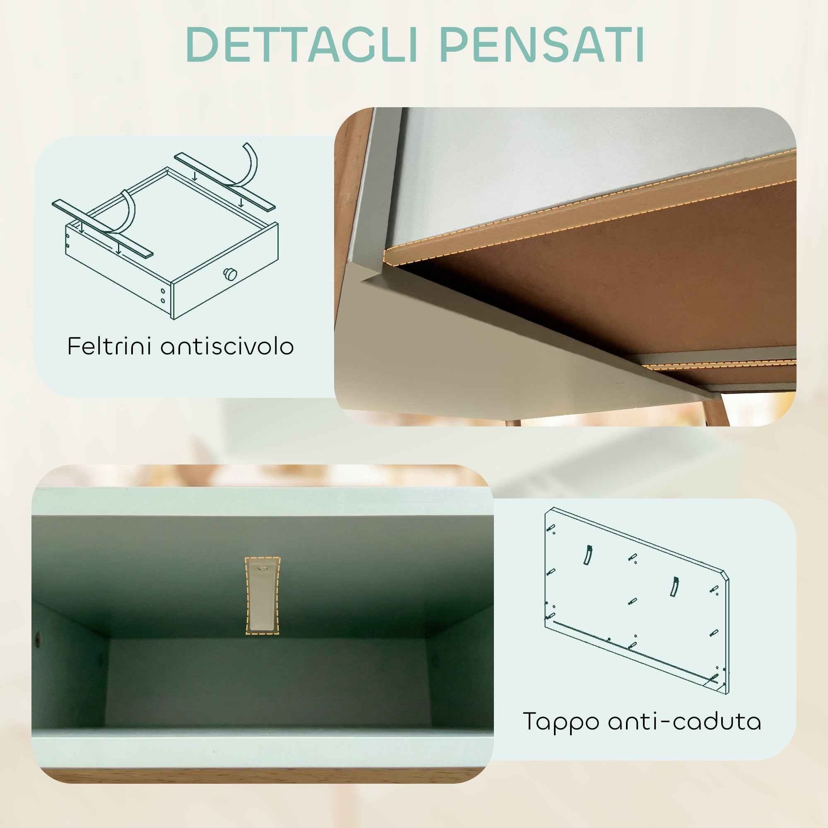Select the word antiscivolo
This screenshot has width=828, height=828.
[227, 346]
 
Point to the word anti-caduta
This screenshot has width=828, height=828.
[684, 721]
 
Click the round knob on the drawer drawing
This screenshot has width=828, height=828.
[231, 273]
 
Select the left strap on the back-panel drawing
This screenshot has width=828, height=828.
[587, 556]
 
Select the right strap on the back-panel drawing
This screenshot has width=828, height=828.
[674, 587]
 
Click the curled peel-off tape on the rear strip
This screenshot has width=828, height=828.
[251, 163]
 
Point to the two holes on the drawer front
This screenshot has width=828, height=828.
[163, 296]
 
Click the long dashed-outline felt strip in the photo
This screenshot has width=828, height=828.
[587, 210]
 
